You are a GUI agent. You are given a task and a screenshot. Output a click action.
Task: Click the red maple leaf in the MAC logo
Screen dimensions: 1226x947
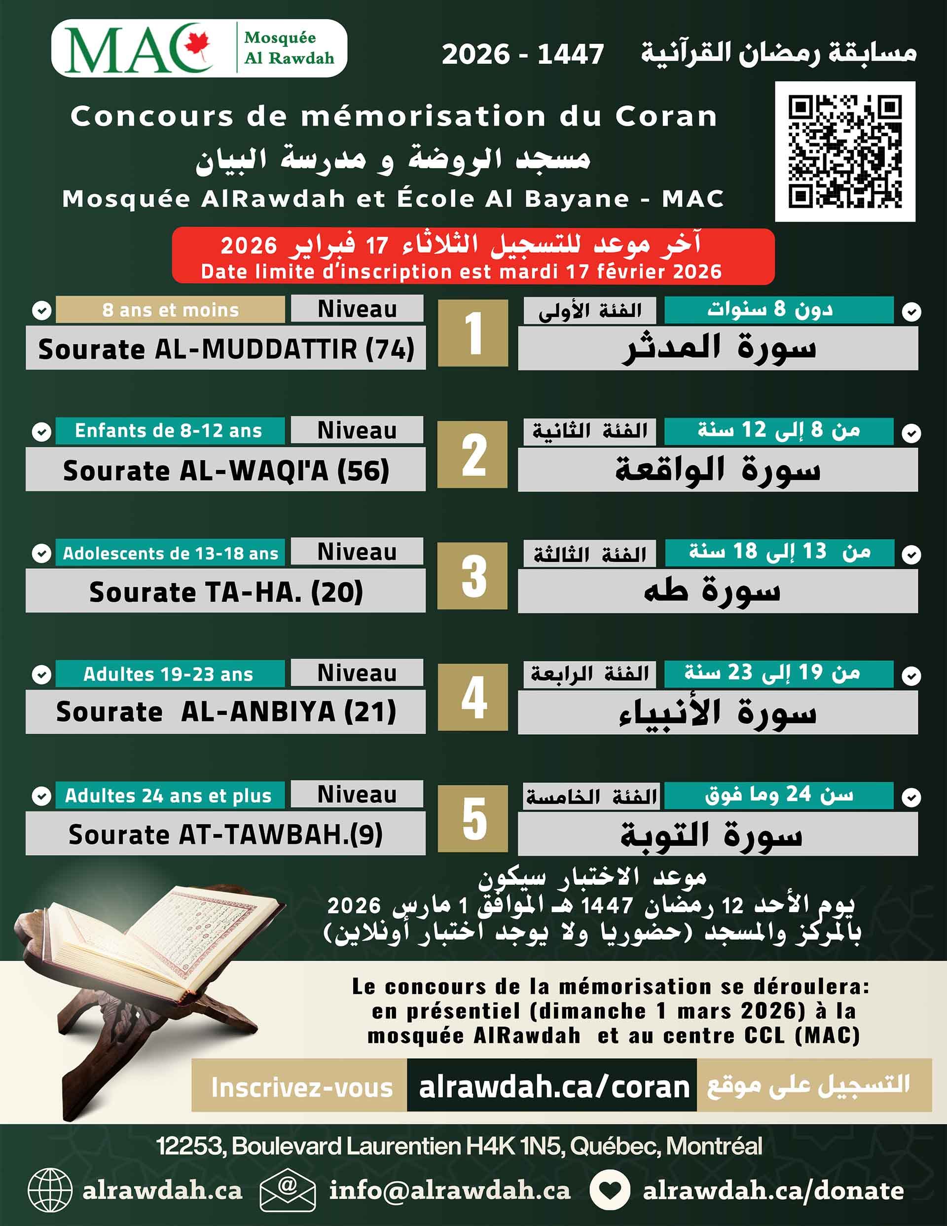click(198, 44)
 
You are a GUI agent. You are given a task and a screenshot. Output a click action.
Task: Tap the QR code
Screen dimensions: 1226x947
click(845, 151)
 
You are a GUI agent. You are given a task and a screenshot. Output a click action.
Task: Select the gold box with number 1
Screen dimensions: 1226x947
click(473, 333)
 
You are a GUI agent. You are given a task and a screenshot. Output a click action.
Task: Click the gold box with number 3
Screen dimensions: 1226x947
click(473, 575)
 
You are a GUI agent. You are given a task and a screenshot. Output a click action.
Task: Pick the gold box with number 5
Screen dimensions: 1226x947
click(473, 818)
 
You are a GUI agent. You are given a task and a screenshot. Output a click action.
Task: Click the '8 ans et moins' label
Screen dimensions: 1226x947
click(170, 310)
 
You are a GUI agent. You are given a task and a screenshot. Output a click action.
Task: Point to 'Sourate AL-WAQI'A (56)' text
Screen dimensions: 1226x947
click(226, 470)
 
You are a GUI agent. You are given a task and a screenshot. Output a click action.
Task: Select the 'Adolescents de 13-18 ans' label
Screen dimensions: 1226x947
click(170, 553)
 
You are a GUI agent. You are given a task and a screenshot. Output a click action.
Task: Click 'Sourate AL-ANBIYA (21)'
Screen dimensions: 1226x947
click(226, 712)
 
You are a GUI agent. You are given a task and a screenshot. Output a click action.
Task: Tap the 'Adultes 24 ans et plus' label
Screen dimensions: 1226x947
click(168, 795)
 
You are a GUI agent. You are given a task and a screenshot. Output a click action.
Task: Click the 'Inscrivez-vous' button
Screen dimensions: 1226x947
click(301, 1087)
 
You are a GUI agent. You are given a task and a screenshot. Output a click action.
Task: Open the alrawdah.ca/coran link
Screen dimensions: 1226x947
click(553, 1087)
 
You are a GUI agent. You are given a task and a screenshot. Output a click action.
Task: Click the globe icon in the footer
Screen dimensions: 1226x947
click(50, 1190)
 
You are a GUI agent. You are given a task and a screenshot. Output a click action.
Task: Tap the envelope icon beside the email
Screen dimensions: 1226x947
click(288, 1190)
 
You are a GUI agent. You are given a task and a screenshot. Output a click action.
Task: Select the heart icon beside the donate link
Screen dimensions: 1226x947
click(610, 1190)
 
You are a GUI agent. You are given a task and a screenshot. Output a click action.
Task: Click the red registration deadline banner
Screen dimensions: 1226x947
click(473, 256)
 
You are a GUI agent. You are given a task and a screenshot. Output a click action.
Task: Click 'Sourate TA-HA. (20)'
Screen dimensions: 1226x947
click(226, 592)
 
